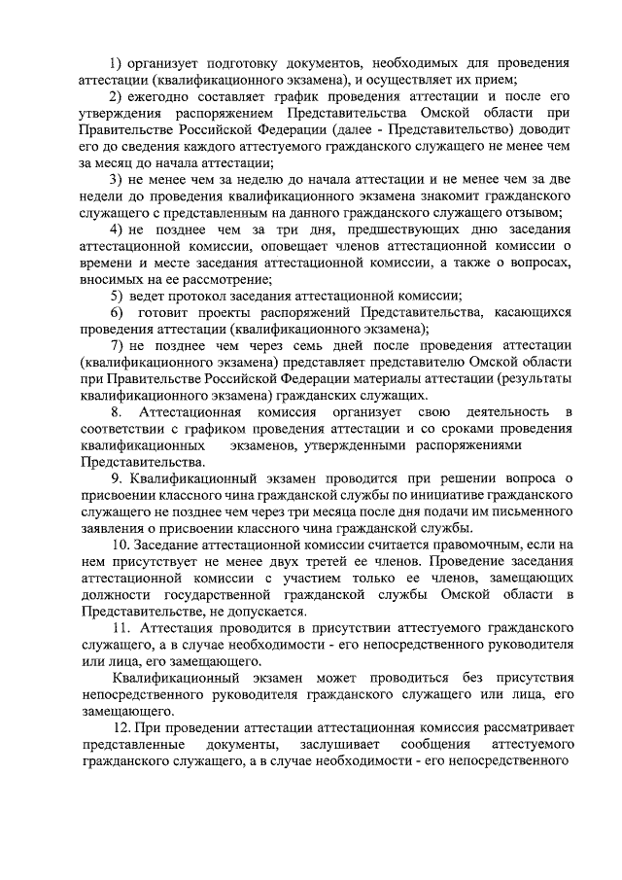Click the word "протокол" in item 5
tap(203, 297)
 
